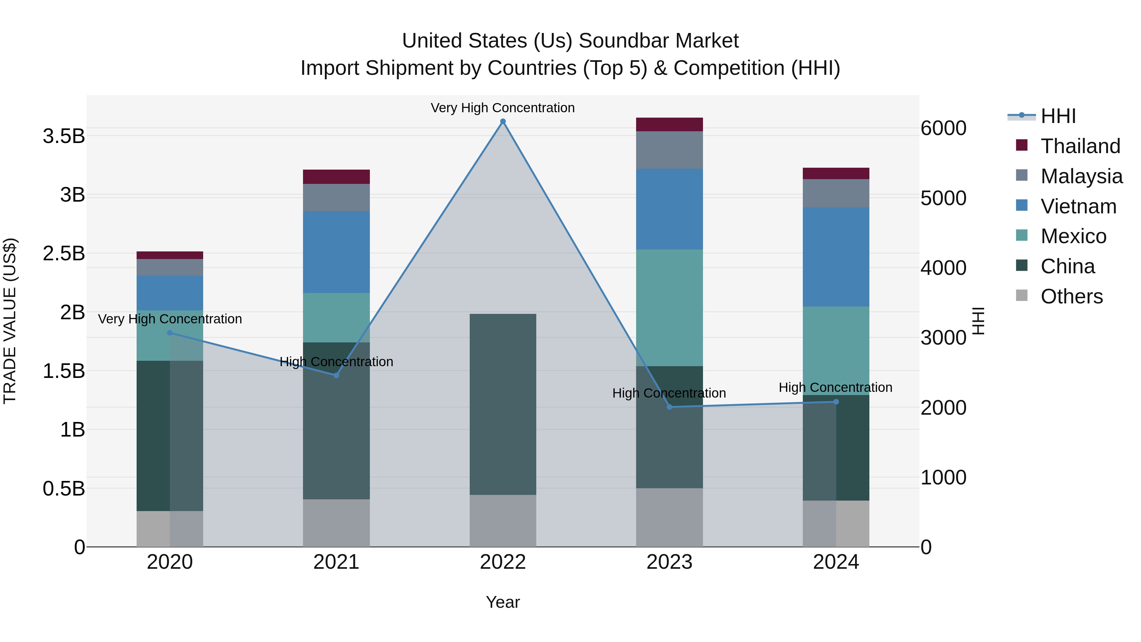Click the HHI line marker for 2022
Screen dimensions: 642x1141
[x=503, y=121]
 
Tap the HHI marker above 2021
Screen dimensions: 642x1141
[x=336, y=375]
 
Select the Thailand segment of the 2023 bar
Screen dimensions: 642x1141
[x=669, y=125]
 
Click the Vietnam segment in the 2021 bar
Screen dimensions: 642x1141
[x=336, y=252]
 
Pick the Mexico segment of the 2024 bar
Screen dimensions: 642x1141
[x=836, y=350]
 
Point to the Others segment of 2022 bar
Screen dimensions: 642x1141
[x=503, y=521]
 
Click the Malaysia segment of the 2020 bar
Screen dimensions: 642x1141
[x=170, y=268]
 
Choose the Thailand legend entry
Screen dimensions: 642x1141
[x=1080, y=146]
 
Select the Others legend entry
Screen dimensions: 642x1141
[x=1071, y=296]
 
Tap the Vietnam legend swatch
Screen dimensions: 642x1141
[x=1022, y=205]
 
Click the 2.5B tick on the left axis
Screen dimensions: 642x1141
[x=64, y=253]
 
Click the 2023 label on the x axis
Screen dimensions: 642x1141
[x=669, y=562]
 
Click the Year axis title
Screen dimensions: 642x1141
[x=503, y=602]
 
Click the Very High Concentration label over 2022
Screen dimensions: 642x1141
[x=503, y=108]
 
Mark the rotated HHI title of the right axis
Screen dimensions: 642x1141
[x=978, y=321]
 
